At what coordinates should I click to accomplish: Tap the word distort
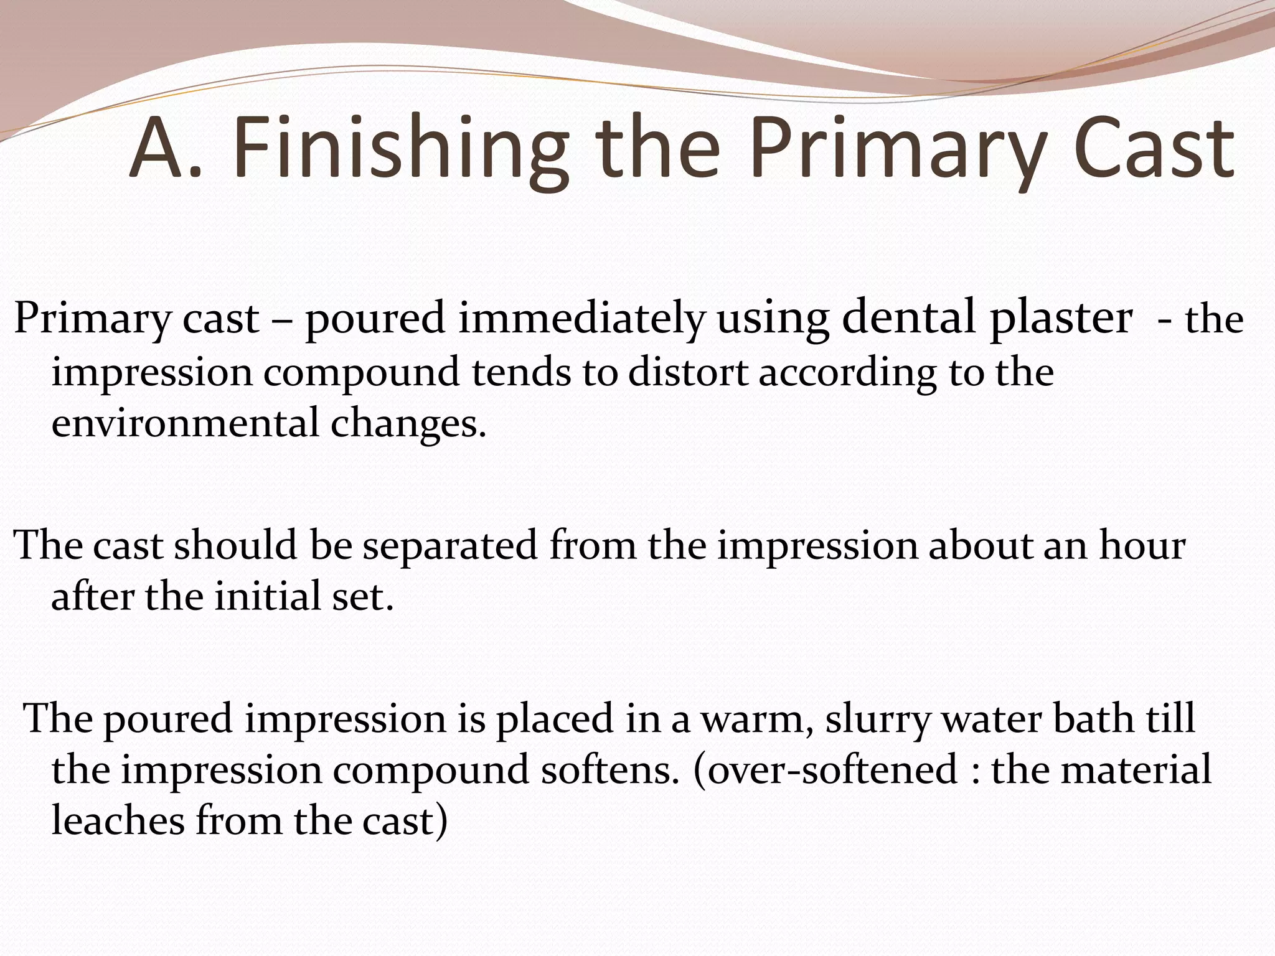[x=688, y=373]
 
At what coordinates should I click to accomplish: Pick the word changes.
[x=408, y=424]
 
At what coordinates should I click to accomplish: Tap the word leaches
[x=118, y=821]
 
